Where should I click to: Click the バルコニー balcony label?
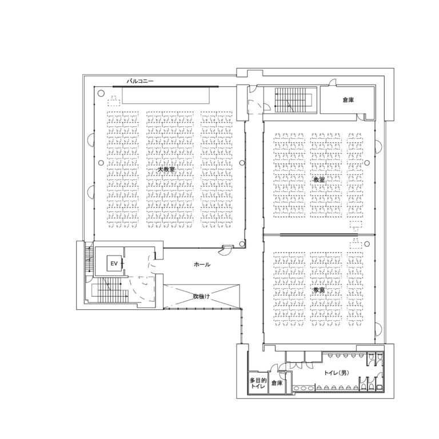pyautogui.click(x=140, y=82)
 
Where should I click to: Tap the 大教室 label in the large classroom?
pyautogui.click(x=166, y=170)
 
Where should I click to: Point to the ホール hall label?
pyautogui.click(x=202, y=265)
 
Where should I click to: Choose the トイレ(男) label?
pyautogui.click(x=336, y=373)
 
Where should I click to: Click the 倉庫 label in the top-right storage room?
pyautogui.click(x=348, y=100)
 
